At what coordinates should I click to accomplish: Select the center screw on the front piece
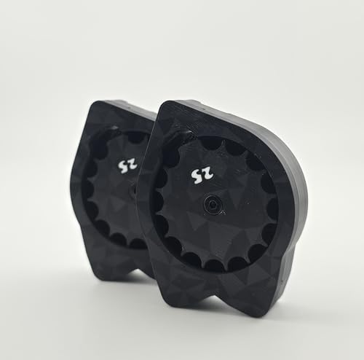pyautogui.click(x=210, y=205)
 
